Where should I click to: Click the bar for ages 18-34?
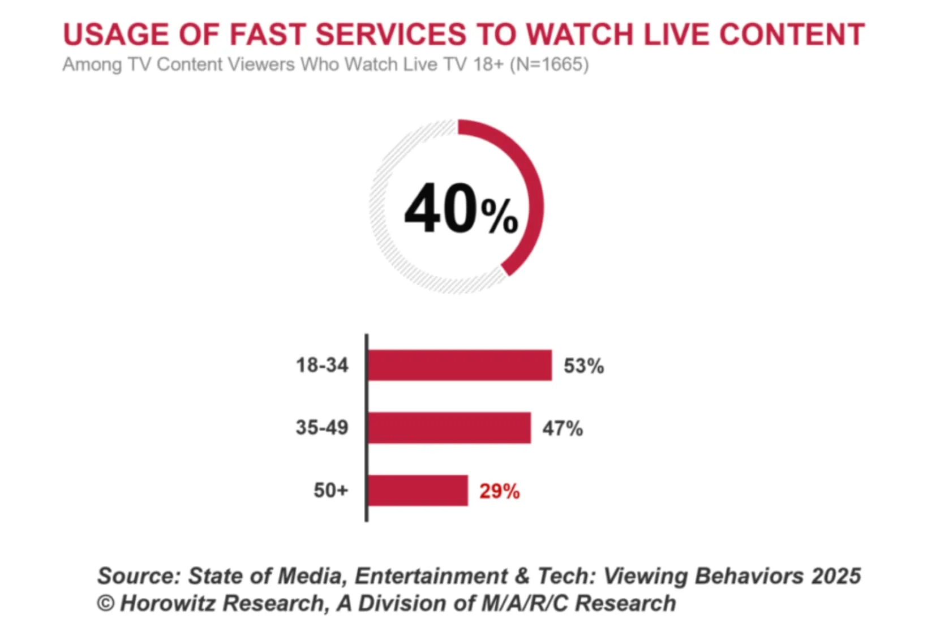(x=459, y=365)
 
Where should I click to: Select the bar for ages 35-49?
(x=449, y=428)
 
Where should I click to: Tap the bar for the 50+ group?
(x=418, y=490)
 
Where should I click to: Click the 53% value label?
(x=583, y=366)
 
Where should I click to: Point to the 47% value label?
(x=563, y=428)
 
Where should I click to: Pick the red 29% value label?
(x=499, y=491)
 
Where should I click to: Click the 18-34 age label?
(x=322, y=365)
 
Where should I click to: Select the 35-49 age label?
(x=322, y=427)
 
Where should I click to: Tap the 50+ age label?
(x=331, y=490)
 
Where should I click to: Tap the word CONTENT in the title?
(x=792, y=35)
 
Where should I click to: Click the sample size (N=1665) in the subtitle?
(x=549, y=65)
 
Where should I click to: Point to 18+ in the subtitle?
(x=488, y=65)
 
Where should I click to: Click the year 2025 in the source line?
(x=836, y=576)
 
